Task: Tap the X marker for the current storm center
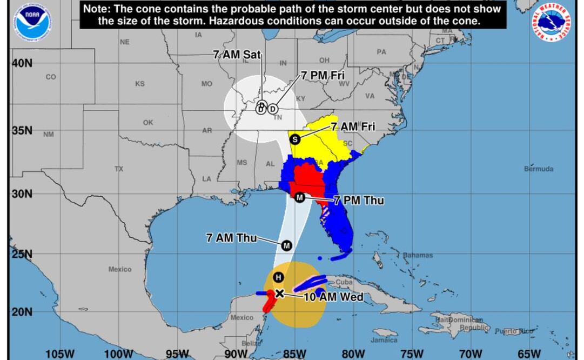(279, 293)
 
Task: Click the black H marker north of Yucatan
(278, 277)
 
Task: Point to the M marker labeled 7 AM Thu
(286, 245)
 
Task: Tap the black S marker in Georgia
(295, 139)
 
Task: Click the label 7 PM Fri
(323, 76)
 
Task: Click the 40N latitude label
(22, 63)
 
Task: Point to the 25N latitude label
(22, 254)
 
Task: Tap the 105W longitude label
(60, 354)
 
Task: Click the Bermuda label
(538, 169)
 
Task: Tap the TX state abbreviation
(119, 169)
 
